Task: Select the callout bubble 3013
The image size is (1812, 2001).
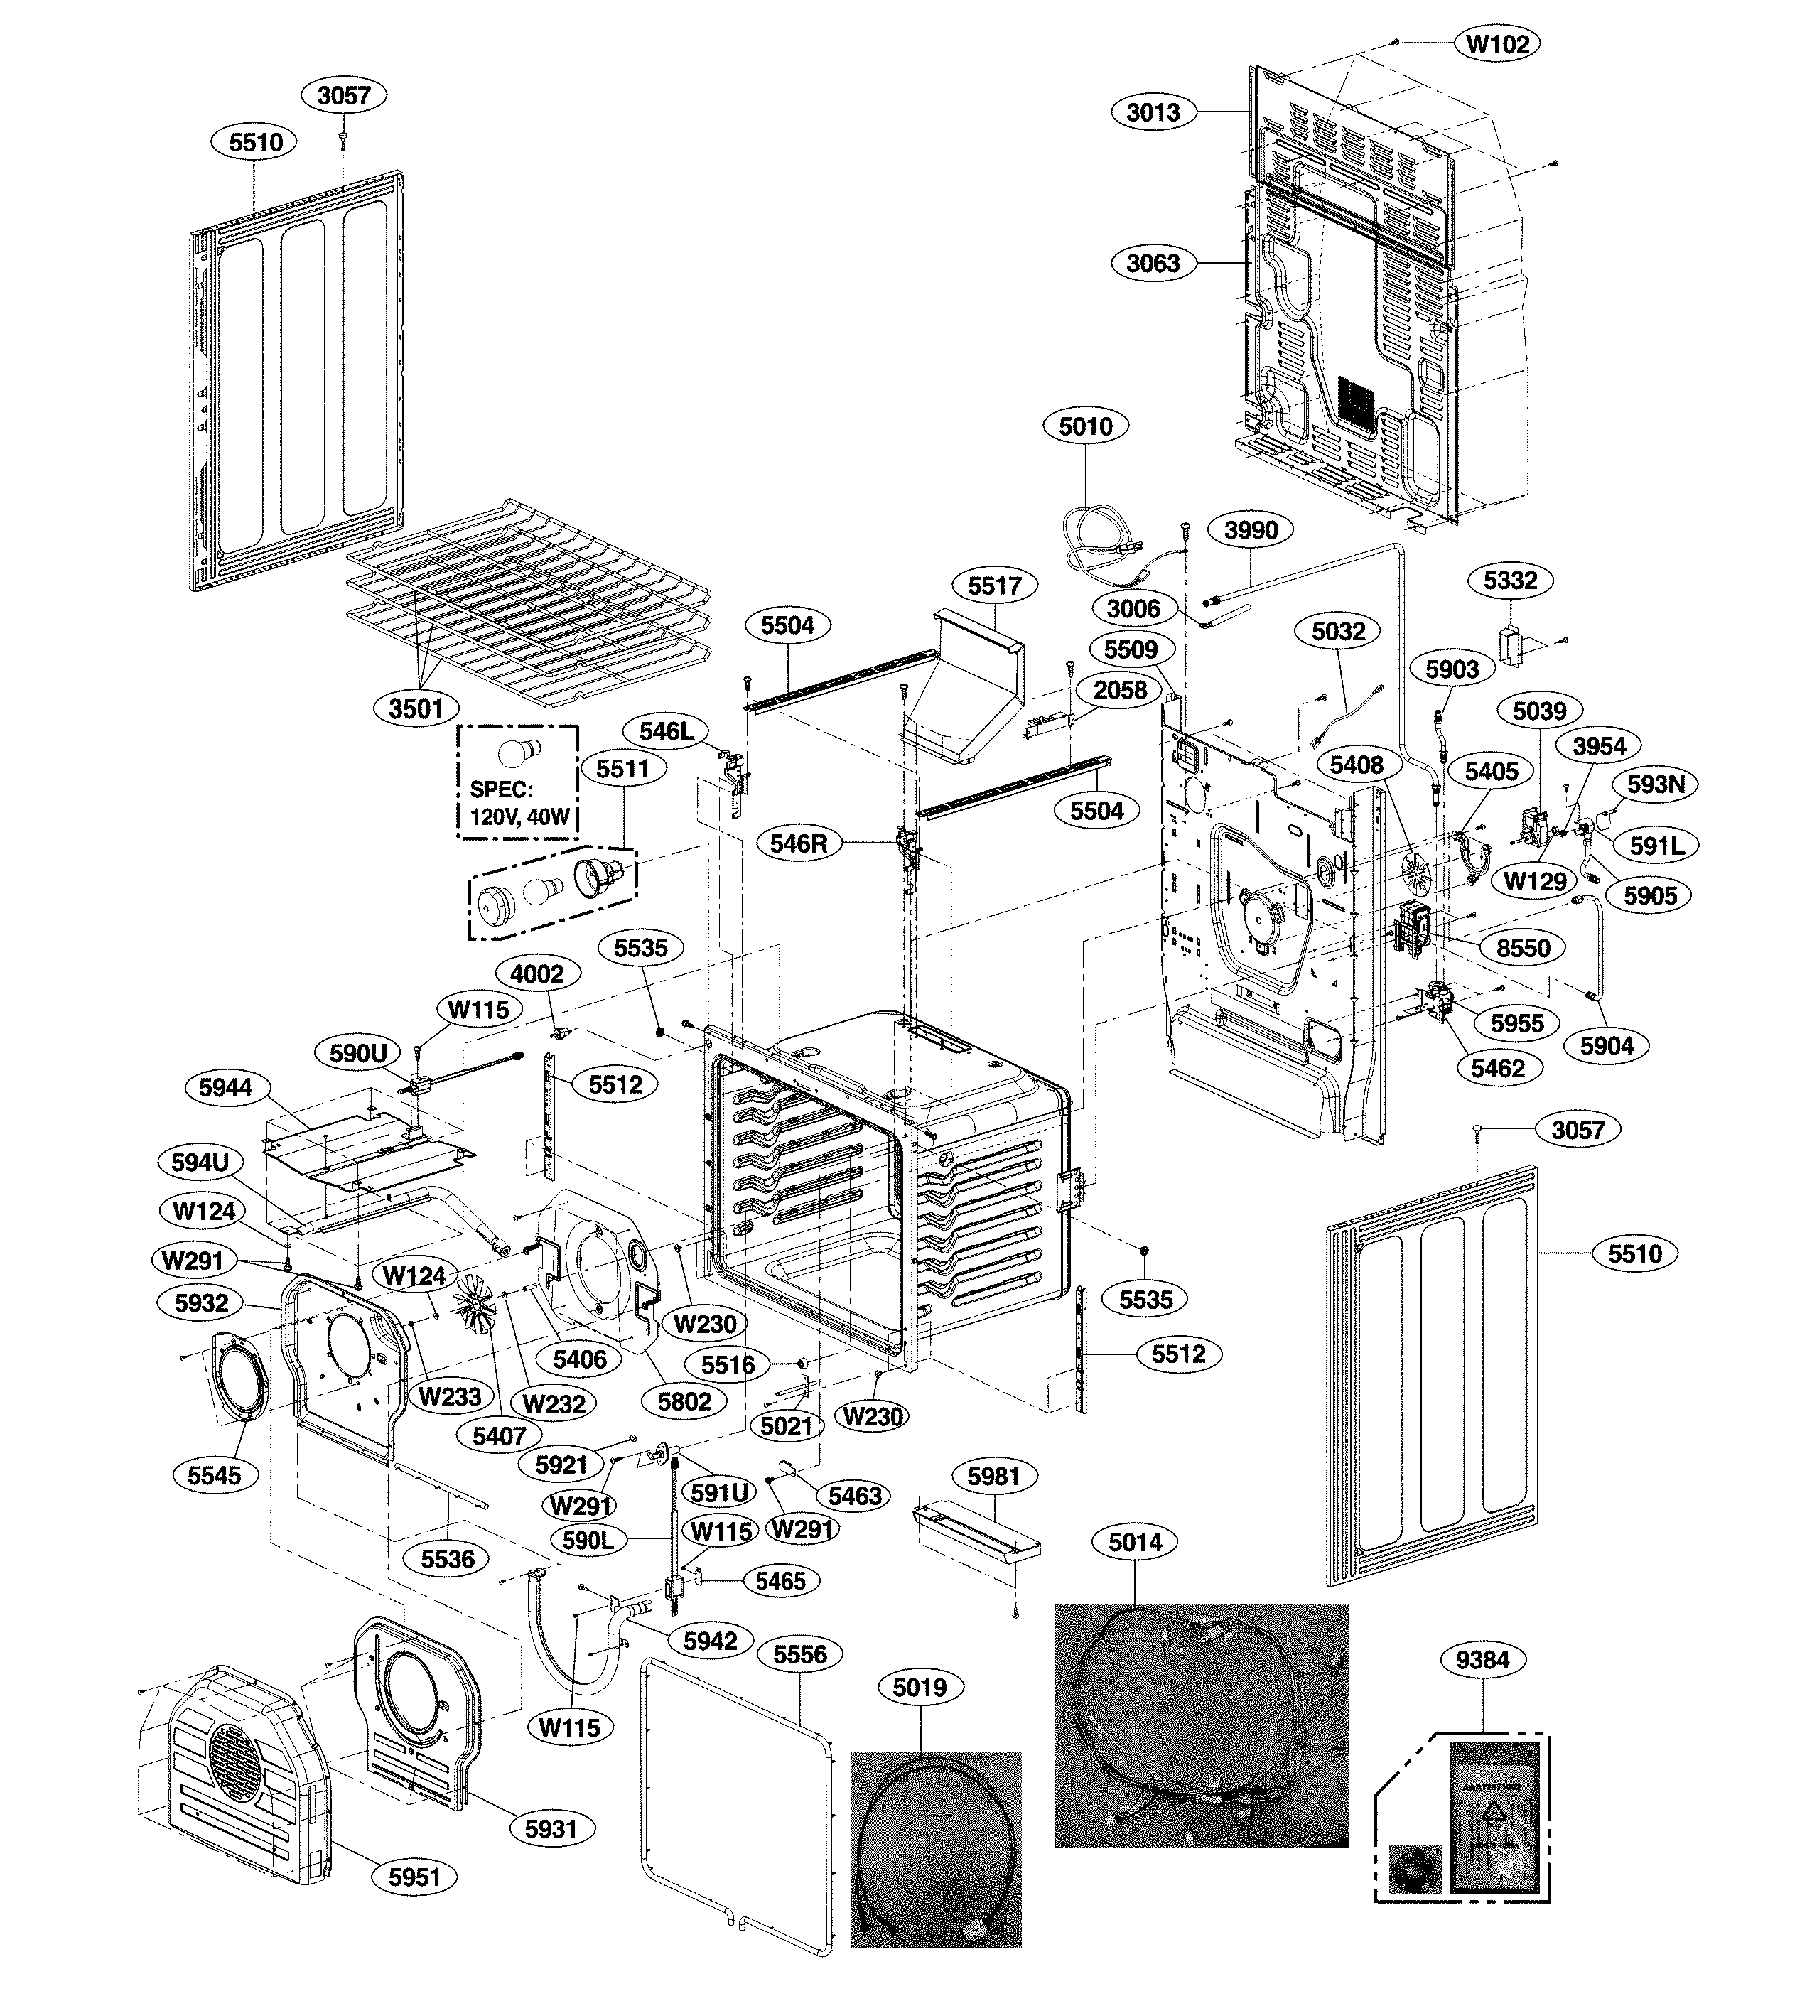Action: (x=1153, y=112)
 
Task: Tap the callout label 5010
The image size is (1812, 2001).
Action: (x=1086, y=427)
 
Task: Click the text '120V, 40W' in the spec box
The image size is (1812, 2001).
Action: (x=518, y=817)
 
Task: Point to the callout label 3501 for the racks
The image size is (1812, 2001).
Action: (x=416, y=708)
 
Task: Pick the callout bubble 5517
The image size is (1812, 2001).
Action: (x=996, y=586)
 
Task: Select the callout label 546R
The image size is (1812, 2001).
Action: (x=798, y=843)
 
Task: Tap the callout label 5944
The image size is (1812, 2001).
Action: (x=225, y=1087)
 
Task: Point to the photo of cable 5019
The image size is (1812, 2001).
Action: (x=934, y=1849)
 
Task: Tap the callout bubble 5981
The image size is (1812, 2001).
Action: (x=993, y=1476)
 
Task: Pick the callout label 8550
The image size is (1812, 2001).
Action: (x=1524, y=948)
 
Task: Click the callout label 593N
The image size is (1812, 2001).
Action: (x=1655, y=784)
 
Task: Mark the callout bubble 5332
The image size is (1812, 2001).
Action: (x=1510, y=580)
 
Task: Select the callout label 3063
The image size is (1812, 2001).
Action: (x=1153, y=263)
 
